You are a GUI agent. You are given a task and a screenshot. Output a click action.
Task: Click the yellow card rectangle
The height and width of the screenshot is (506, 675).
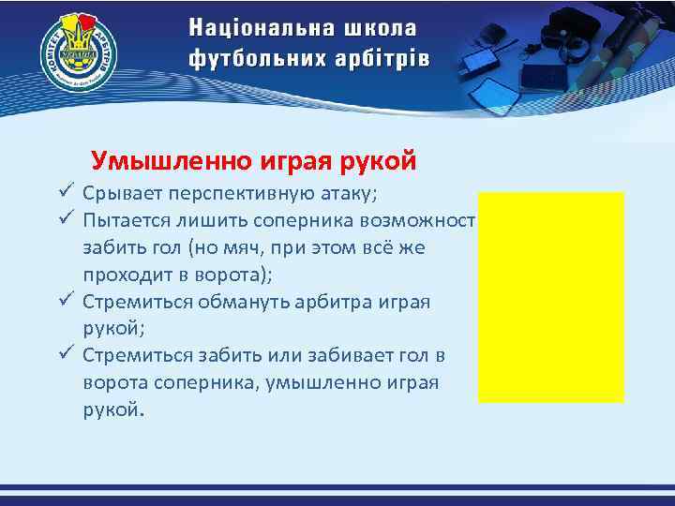[x=550, y=296]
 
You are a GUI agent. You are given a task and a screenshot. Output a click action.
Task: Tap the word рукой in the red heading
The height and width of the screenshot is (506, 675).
[x=377, y=160]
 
